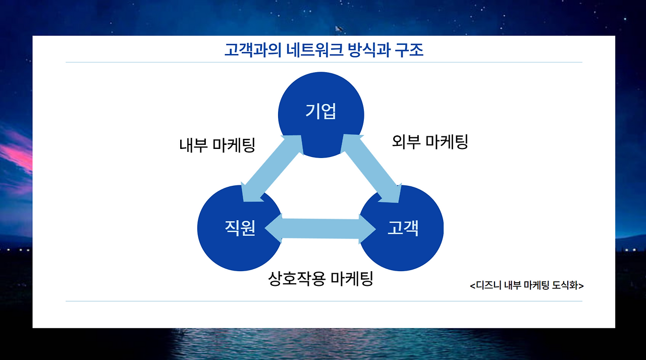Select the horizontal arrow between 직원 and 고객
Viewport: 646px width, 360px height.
click(x=320, y=229)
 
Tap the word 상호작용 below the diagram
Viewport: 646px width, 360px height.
click(x=296, y=278)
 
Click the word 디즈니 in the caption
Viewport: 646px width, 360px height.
click(x=489, y=286)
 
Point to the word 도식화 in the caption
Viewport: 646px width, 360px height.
click(x=566, y=286)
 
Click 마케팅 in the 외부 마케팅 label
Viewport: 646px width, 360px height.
click(x=447, y=142)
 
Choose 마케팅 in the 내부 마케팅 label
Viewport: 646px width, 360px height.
click(x=234, y=145)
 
